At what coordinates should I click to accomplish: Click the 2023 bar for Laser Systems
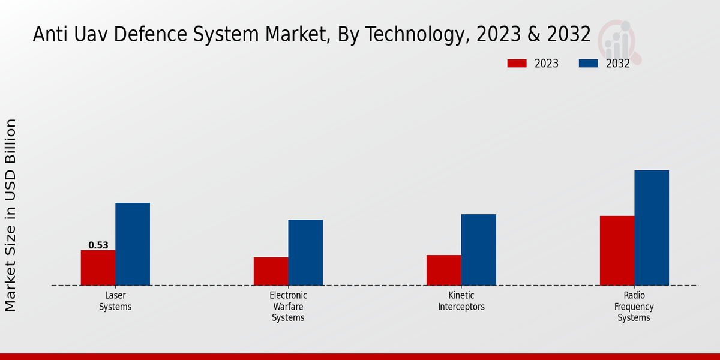tap(98, 268)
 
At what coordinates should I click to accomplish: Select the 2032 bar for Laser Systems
tap(133, 244)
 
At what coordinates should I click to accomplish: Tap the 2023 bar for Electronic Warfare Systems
tap(271, 271)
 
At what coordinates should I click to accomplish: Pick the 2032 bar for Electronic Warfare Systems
tap(305, 253)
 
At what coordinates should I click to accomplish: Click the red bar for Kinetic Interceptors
tap(444, 270)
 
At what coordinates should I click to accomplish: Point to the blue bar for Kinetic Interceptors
tap(479, 250)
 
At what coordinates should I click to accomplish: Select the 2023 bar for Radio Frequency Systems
tap(617, 250)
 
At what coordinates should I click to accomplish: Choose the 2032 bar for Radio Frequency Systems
tap(652, 228)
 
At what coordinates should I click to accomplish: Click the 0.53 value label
tap(98, 245)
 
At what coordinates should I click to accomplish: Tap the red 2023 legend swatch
tap(517, 64)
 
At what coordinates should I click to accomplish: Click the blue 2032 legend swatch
tap(588, 64)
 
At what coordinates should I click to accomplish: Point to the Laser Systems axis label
tap(115, 301)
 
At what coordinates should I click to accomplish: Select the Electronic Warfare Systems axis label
tap(288, 307)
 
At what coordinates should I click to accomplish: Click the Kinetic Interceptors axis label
tap(461, 301)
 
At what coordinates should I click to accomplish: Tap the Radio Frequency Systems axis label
tap(634, 307)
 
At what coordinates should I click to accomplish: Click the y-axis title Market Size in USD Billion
tap(11, 215)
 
